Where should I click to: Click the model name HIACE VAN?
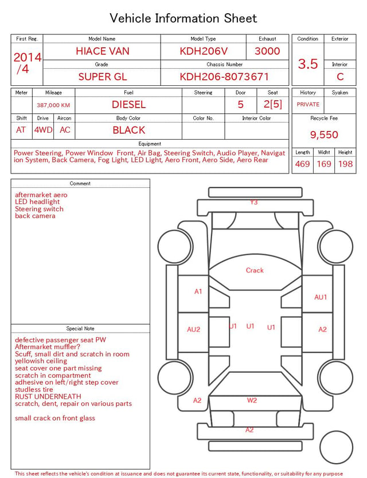[103, 51]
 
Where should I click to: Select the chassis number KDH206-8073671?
[224, 77]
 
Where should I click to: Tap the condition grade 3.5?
[308, 64]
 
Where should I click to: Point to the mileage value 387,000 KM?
[53, 105]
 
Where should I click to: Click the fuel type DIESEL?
[128, 105]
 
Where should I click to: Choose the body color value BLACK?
[128, 130]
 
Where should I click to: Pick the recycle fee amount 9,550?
[324, 135]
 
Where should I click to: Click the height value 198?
[345, 164]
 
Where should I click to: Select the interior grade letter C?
[340, 77]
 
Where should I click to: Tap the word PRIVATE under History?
[308, 104]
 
